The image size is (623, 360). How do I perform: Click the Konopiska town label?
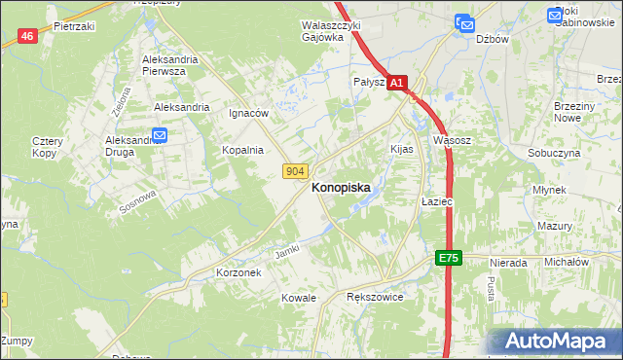click(348, 192)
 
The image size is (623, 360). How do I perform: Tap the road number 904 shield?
click(297, 171)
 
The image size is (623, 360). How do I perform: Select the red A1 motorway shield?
click(396, 85)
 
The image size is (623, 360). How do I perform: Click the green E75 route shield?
click(447, 258)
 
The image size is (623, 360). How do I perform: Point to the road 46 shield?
click(27, 36)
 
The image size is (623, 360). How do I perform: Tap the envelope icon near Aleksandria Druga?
click(160, 137)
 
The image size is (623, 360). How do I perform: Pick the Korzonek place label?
click(238, 273)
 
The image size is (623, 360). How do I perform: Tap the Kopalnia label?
click(242, 150)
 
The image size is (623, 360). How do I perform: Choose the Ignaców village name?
click(248, 113)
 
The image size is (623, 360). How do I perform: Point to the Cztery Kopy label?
click(46, 147)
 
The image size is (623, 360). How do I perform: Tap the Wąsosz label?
click(452, 140)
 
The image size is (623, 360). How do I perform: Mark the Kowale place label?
click(299, 297)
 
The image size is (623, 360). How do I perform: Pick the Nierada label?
click(509, 263)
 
